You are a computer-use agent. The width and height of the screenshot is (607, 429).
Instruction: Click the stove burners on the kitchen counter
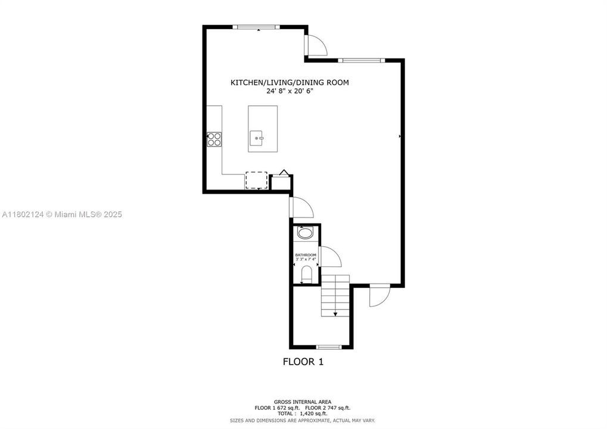point(214,139)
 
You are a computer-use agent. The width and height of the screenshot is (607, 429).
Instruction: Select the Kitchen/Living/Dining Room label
point(290,83)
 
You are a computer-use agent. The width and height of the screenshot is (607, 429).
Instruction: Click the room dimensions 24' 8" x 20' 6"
point(290,92)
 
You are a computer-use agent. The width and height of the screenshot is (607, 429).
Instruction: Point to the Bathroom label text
point(306,255)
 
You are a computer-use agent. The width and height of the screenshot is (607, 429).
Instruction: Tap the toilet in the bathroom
point(306,274)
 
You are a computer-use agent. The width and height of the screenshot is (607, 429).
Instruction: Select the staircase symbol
point(335,296)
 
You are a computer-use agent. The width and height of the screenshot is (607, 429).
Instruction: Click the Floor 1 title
point(303,361)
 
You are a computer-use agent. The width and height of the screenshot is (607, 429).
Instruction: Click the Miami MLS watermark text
point(61,214)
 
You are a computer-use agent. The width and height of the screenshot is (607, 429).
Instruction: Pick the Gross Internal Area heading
point(303,402)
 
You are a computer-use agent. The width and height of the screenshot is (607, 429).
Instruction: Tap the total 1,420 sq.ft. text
point(303,413)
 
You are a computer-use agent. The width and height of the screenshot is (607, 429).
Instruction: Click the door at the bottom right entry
point(378,295)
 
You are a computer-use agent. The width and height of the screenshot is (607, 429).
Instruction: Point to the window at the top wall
point(256,26)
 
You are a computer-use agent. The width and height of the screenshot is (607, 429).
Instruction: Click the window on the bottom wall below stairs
point(328,347)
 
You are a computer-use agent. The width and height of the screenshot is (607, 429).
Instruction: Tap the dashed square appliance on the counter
point(257,180)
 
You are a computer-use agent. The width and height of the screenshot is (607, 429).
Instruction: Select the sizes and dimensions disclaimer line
point(303,420)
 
